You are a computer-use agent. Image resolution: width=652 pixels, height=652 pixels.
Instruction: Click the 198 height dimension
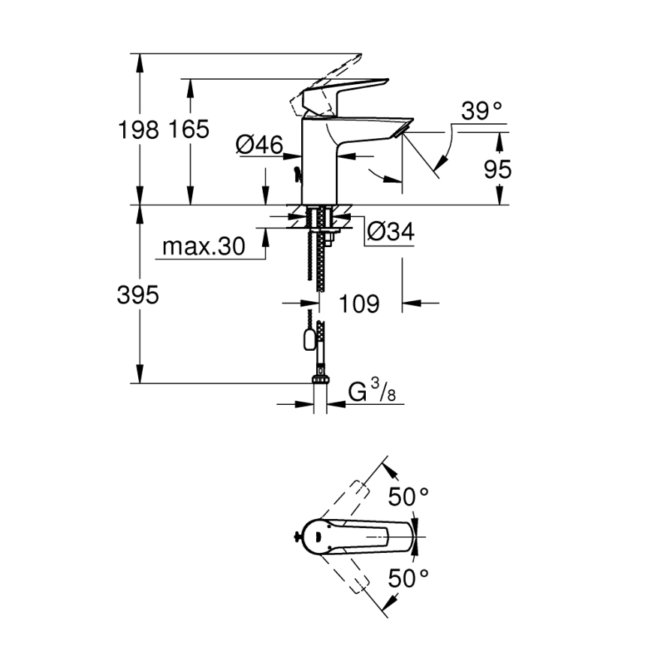(x=138, y=129)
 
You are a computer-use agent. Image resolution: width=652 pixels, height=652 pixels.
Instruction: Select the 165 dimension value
(x=189, y=129)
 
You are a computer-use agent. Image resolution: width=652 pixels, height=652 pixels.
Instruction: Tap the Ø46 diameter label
(x=258, y=145)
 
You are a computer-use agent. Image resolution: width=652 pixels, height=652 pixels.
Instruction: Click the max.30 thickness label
(x=203, y=246)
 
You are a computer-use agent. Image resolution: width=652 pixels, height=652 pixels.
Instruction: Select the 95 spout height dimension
(x=497, y=170)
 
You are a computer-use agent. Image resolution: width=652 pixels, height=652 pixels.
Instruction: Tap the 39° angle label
(x=481, y=112)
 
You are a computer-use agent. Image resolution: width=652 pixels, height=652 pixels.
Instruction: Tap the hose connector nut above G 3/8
(x=321, y=373)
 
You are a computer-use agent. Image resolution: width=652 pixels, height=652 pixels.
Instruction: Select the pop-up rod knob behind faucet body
(x=297, y=176)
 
